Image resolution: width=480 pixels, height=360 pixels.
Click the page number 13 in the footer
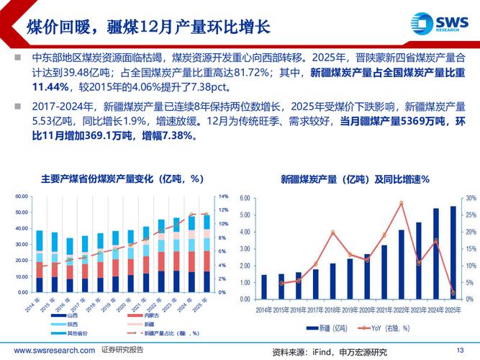click(461, 350)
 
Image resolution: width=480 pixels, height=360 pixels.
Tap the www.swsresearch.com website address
click(49, 350)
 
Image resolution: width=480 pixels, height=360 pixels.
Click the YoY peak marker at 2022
click(401, 203)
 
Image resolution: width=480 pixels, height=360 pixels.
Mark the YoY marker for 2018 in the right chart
click(332, 232)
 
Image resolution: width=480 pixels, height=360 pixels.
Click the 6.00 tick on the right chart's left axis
click(244, 198)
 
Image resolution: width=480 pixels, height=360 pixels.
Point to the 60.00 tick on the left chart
click(21, 196)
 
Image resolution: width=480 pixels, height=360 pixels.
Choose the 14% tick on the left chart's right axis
click(223, 196)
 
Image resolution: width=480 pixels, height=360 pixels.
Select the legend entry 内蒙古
click(152, 315)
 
